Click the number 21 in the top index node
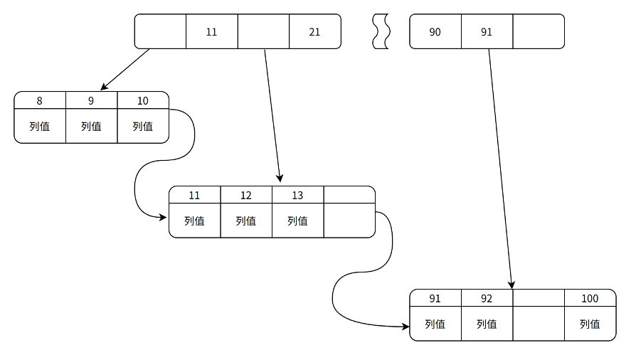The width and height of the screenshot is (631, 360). coord(314,32)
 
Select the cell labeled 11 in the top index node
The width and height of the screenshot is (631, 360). coord(211,32)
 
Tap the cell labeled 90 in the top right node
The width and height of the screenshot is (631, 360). coord(435,32)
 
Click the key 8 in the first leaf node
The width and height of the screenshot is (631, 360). coord(40,101)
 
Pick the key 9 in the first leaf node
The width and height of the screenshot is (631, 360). coord(91,101)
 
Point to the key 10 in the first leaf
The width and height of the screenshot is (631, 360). coord(143,101)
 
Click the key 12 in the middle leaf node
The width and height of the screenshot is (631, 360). coord(246,196)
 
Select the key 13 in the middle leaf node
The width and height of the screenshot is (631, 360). coord(297,196)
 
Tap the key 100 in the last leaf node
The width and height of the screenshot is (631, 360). coord(590,299)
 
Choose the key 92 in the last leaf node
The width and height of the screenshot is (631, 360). coord(487,299)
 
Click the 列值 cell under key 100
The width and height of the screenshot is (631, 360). coord(590,324)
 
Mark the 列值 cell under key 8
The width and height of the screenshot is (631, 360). coord(40,127)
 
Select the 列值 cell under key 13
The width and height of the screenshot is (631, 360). coord(297,221)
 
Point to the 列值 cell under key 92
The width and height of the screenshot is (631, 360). coord(487,324)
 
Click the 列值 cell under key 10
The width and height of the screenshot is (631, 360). coord(143,127)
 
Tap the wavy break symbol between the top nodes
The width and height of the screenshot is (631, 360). coord(381,32)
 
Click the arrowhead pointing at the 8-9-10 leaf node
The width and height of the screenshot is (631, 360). coord(104,88)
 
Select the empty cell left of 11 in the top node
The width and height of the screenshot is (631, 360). coord(160,32)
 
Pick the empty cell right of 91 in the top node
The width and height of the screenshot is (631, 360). coord(538,32)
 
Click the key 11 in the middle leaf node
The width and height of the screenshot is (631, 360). coord(194,196)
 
